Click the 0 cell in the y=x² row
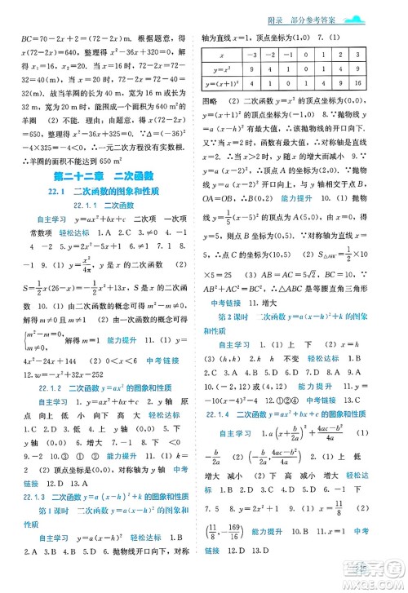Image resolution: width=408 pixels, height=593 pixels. click(x=318, y=68)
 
